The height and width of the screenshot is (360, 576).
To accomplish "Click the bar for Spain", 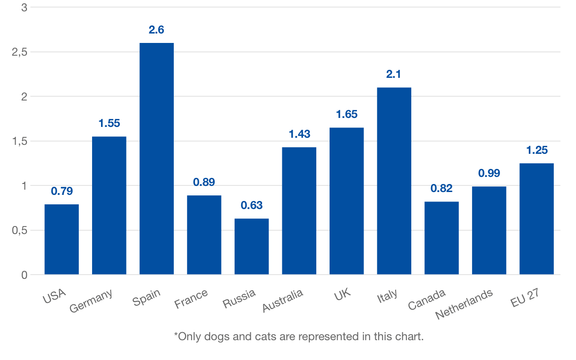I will [156, 159].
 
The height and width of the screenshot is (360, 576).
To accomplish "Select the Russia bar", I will [251, 246].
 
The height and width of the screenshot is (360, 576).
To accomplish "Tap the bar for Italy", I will [394, 181].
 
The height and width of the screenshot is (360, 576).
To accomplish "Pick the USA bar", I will [61, 239].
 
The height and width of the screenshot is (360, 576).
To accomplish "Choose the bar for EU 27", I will [536, 218].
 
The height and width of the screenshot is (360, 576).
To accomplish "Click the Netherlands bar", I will [489, 230].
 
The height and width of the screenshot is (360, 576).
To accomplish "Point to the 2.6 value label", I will [156, 30].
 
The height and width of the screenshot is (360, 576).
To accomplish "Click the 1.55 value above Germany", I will [109, 124].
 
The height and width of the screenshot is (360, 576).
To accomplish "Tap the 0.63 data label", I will [251, 206].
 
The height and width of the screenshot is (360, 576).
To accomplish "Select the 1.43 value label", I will [299, 134].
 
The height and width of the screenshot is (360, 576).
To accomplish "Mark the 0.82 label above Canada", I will [441, 189].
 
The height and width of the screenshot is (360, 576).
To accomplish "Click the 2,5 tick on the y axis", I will [19, 52].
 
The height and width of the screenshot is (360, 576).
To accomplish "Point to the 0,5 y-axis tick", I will [19, 230].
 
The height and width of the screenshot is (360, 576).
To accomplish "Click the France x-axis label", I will [191, 299].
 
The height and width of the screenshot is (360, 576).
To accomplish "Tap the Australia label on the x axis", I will [283, 301].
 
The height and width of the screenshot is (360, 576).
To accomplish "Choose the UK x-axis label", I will [342, 296].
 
